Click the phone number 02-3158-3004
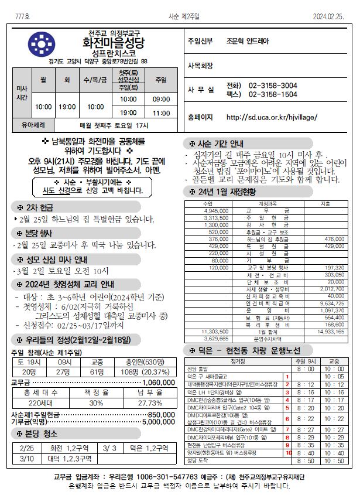[x=273, y=86]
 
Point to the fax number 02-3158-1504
[x=273, y=94]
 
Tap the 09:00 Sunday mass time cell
[x=161, y=100]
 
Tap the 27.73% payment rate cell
[x=150, y=404]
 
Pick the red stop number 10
[x=287, y=453]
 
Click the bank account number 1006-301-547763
[x=175, y=477]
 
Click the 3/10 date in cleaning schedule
[x=27, y=458]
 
